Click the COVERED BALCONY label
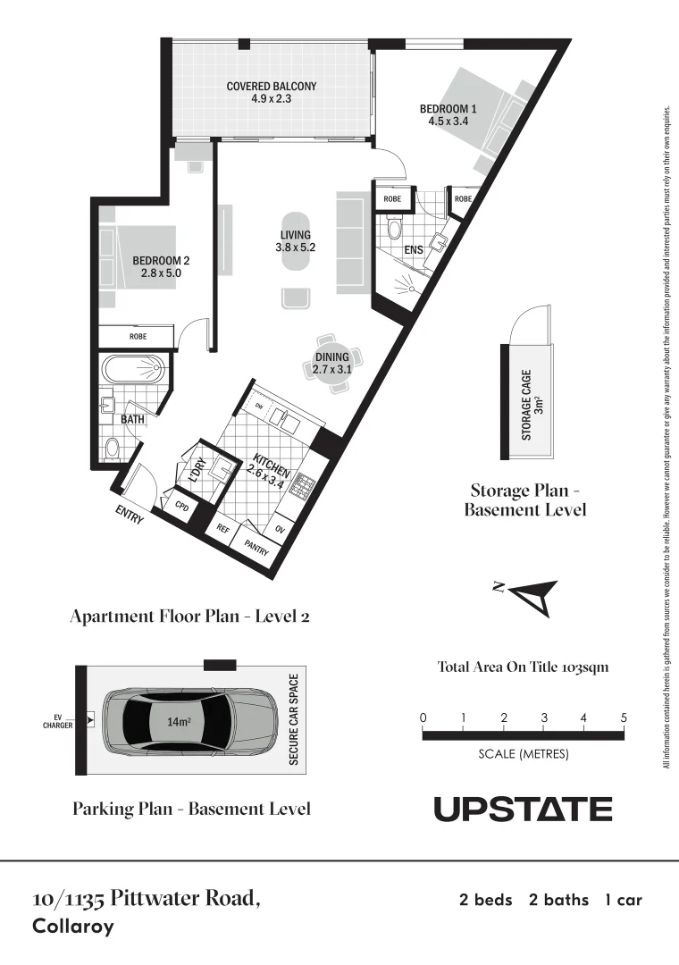271,93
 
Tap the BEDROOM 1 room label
448,114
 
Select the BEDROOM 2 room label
161,267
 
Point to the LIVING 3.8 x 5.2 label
295,241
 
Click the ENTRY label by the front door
130,516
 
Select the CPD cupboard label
181,506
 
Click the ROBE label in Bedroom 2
138,337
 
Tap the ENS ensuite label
414,250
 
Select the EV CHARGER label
57,720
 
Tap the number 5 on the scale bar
624,718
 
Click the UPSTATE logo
523,810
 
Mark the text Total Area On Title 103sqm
523,667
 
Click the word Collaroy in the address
73,927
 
